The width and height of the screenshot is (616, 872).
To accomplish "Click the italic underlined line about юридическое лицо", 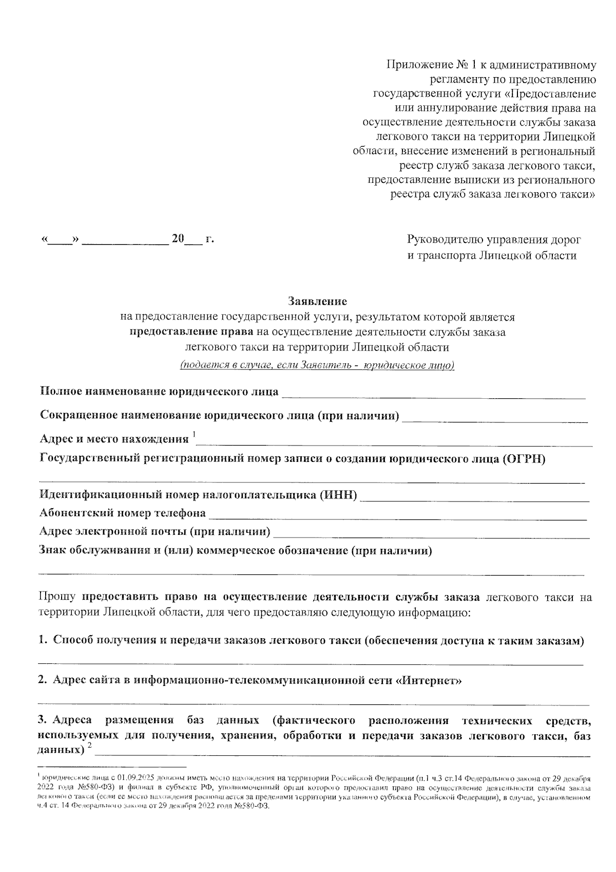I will [317, 365].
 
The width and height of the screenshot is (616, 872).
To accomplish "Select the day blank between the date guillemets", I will [61, 240].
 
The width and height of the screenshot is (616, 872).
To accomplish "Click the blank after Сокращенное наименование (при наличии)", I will [495, 417].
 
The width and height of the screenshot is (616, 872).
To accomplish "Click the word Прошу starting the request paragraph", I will [57, 597].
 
